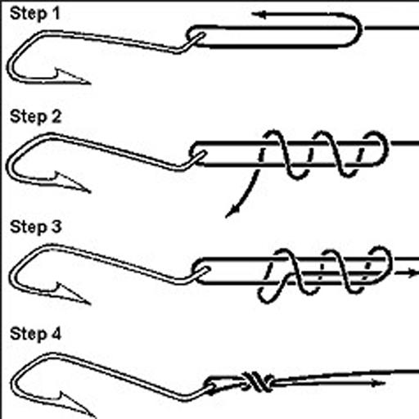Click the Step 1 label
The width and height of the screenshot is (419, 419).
point(34,14)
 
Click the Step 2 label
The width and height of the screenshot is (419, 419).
point(35,117)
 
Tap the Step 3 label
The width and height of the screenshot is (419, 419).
point(35,227)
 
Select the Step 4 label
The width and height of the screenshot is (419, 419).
point(35,334)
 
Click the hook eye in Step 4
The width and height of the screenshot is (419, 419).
point(210,388)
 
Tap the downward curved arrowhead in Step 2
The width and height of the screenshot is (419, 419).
point(232,211)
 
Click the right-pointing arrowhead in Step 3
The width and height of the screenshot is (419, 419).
point(412,273)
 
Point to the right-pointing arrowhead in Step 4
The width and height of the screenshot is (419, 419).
point(379,383)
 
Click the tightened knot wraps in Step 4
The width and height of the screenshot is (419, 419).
point(258,381)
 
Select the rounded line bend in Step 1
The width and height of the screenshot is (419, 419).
point(354,29)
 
